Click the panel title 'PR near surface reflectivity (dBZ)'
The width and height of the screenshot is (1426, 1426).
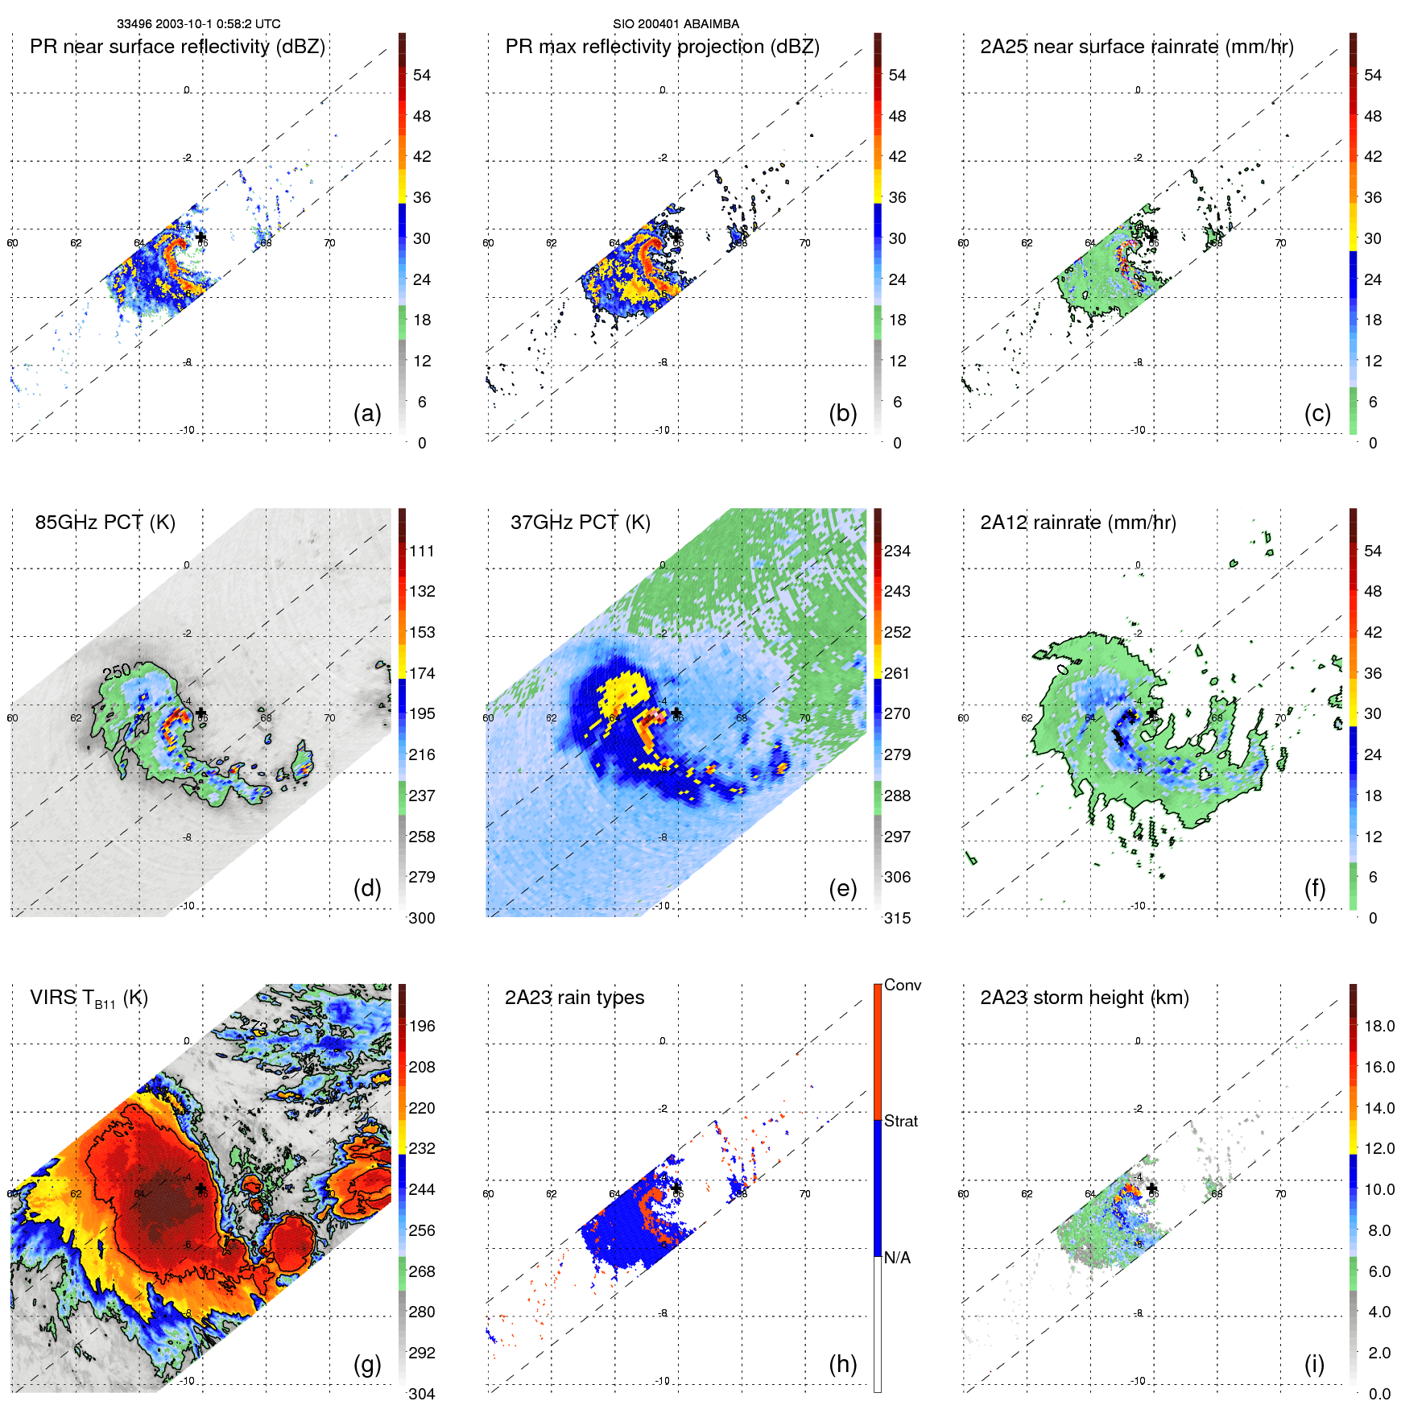[177, 47]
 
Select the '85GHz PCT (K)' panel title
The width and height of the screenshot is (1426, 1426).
[105, 522]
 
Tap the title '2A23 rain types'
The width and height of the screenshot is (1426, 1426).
[574, 998]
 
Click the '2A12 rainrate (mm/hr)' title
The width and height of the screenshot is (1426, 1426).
[1077, 522]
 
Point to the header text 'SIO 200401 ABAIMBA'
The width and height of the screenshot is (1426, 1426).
[676, 24]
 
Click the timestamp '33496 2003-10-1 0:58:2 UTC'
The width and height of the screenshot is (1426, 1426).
[198, 24]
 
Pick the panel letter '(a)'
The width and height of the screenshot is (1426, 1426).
[367, 413]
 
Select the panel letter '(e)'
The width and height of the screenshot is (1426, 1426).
[842, 888]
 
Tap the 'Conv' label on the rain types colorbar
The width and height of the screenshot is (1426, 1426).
[902, 985]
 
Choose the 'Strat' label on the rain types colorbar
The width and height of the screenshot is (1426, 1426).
[900, 1121]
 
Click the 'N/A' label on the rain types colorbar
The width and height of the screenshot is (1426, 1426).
[897, 1258]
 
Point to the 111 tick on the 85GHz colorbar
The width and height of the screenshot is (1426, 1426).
[422, 551]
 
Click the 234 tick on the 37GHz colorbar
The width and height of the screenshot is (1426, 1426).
[897, 551]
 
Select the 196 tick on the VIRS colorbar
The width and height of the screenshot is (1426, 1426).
[422, 1026]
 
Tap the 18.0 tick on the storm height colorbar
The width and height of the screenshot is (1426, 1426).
[1378, 1026]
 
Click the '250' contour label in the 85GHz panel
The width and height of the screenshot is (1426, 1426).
[117, 672]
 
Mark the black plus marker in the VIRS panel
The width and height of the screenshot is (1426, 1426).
[200, 1188]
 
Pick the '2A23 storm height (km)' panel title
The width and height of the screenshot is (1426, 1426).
[1084, 998]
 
